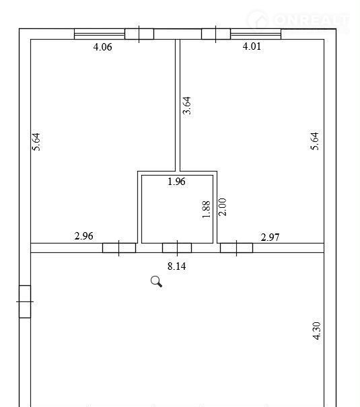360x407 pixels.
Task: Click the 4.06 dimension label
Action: coord(102,47)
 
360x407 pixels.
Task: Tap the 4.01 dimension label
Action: coord(252,46)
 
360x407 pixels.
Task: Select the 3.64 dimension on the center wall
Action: coord(187,106)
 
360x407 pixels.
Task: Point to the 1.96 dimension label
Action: coord(176,182)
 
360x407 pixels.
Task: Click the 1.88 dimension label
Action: coord(206,209)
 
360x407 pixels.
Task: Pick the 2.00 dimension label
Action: coord(223,207)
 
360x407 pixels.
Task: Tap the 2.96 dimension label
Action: coord(83,236)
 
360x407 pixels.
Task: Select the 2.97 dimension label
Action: coord(270,237)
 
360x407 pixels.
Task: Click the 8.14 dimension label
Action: coord(176,266)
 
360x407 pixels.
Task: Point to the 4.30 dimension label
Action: coord(317,330)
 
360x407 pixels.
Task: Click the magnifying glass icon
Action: coord(156,282)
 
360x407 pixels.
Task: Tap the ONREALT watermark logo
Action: coord(298,20)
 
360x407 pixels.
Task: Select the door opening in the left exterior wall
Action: coord(25,301)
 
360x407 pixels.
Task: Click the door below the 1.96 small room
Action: coord(177,248)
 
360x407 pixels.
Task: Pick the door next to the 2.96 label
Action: coord(119,248)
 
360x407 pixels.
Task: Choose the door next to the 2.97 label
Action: coord(236,248)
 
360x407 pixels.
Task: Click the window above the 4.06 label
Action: coord(100,34)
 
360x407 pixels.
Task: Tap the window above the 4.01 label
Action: coord(256,34)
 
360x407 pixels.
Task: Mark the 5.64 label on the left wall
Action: coord(36,142)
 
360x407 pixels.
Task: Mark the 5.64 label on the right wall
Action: coord(314,141)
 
